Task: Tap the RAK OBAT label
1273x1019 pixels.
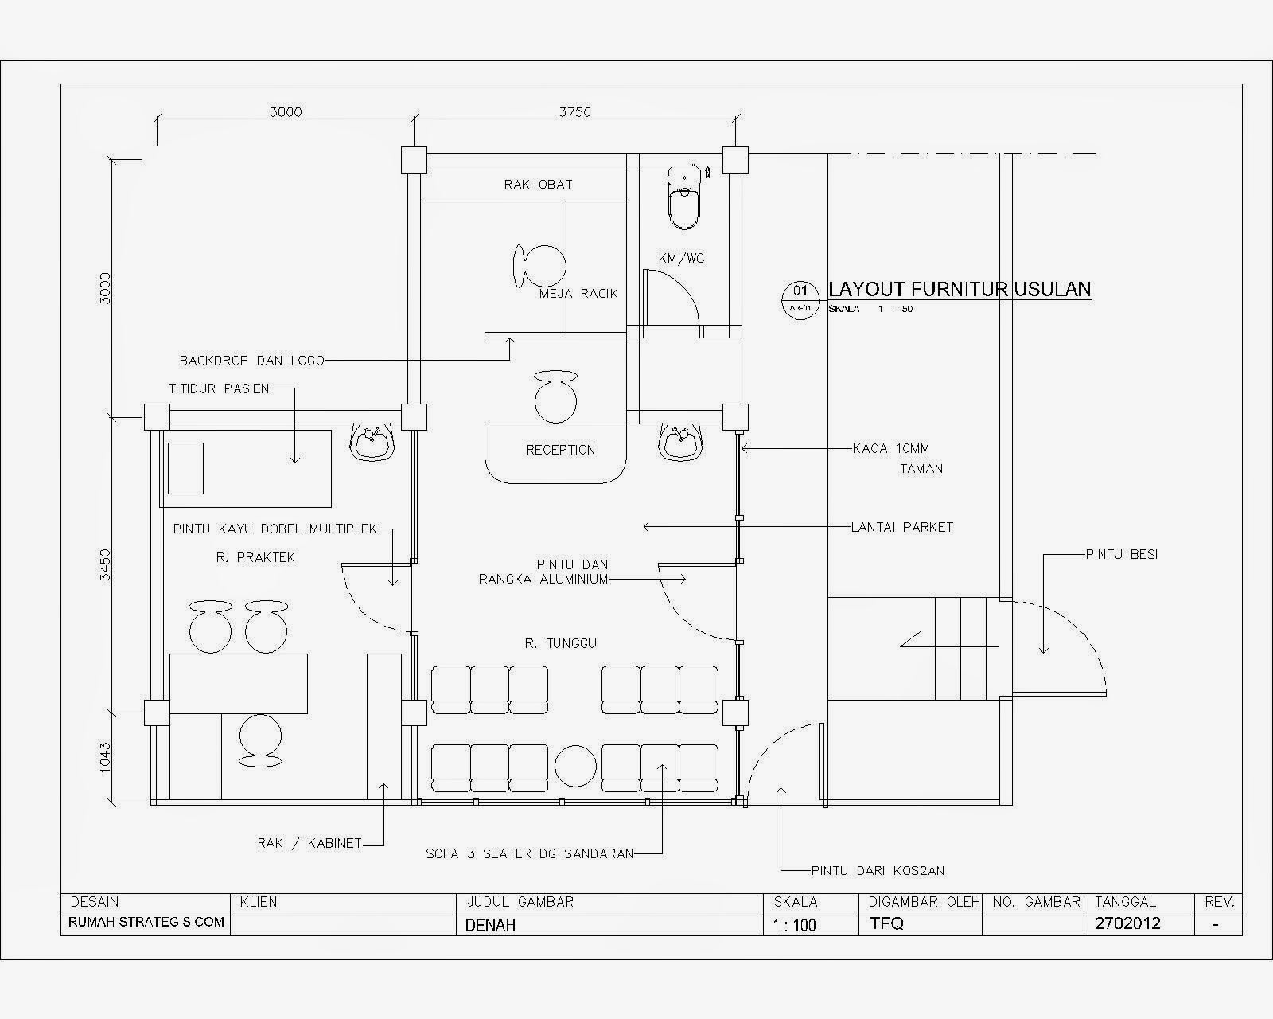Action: (538, 184)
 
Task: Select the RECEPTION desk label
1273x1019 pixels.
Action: (560, 450)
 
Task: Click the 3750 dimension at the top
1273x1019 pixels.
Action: (574, 112)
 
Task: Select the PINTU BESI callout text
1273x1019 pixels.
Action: (1121, 554)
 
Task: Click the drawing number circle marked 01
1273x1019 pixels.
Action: (800, 291)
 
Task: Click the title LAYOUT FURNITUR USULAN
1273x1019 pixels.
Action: (960, 288)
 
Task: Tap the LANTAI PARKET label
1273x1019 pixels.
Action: (901, 527)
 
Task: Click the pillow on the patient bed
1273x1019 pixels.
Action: (185, 467)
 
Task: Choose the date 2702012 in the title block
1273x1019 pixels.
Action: (1127, 923)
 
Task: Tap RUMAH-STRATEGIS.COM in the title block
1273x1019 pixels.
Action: (147, 923)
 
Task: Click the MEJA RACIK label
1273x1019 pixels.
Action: (578, 294)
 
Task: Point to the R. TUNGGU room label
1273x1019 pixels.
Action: (560, 643)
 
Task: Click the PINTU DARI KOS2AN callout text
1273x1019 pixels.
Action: (878, 870)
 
